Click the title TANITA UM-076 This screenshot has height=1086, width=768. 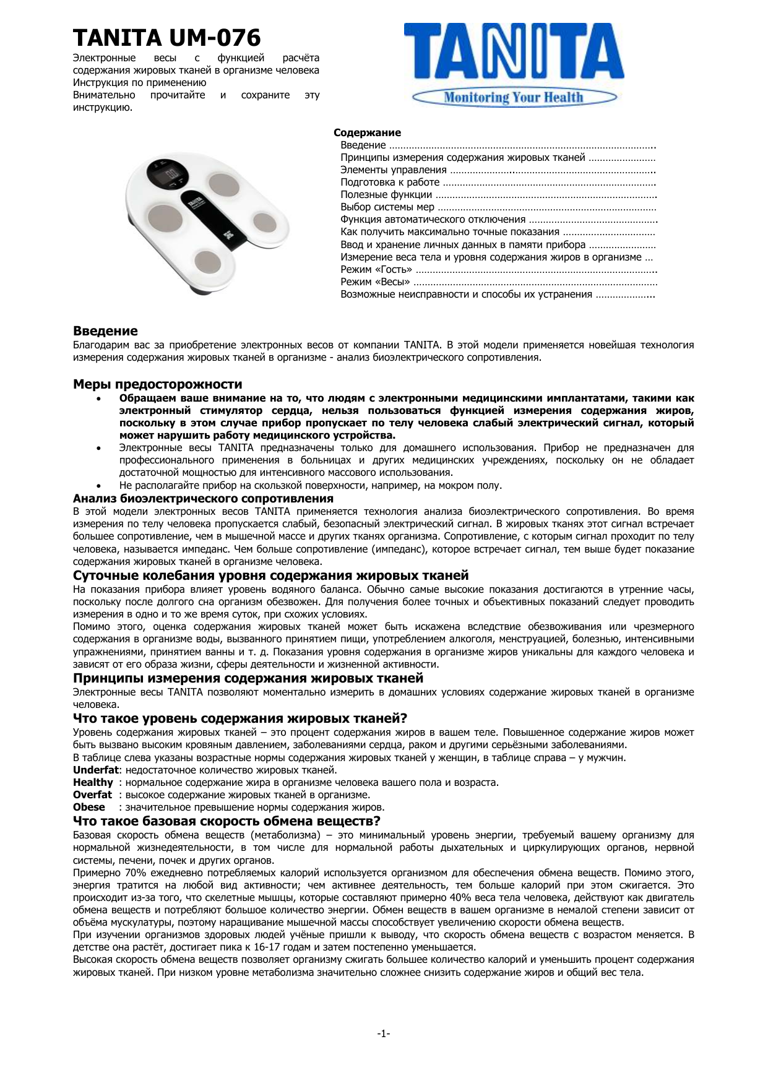(166, 38)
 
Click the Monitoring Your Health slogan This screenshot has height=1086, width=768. (513, 97)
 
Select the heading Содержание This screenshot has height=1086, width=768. (367, 132)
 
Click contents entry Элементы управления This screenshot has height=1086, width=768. (394, 170)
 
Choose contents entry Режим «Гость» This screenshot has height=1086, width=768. (376, 269)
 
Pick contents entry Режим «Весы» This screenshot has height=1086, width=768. (375, 282)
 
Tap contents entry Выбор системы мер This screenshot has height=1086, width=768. (387, 207)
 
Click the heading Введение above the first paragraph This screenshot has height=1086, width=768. (105, 331)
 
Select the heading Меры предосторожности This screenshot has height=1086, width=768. (157, 384)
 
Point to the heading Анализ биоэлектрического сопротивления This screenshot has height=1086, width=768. (203, 499)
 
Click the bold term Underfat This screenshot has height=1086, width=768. (95, 770)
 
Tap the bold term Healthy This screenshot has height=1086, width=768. (93, 782)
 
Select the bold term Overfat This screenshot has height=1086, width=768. (92, 795)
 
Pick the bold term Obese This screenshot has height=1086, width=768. (89, 807)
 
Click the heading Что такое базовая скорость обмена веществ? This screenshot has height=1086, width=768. (227, 821)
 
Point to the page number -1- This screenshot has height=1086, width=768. (384, 1033)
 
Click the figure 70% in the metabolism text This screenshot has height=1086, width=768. (135, 873)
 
